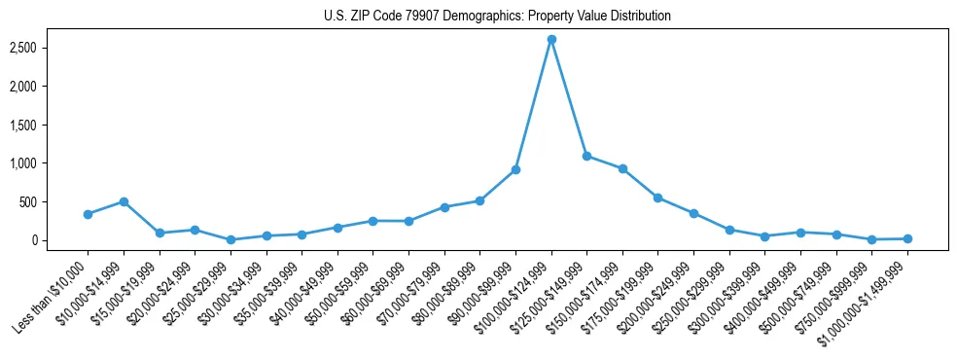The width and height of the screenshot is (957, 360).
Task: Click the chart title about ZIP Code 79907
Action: point(497,17)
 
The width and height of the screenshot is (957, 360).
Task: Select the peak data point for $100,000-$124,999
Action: point(551,39)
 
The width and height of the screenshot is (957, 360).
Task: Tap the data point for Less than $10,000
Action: point(88,214)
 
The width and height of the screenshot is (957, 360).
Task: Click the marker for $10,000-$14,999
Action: point(124,201)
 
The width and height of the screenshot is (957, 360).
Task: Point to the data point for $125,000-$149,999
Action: point(586,156)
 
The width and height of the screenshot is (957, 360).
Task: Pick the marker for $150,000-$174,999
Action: point(622,168)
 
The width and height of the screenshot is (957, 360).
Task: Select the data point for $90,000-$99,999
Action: point(515,169)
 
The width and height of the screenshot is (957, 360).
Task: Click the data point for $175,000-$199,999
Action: point(658,198)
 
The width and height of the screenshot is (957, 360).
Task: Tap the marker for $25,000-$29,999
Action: point(230,239)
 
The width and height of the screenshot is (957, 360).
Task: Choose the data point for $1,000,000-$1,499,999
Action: point(907,238)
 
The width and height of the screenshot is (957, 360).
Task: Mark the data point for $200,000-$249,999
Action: point(693,213)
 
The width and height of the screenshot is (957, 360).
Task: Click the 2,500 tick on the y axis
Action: point(36,48)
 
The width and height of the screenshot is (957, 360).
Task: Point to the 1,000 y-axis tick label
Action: point(36,163)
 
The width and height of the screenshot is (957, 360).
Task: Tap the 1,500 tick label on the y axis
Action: point(36,125)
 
